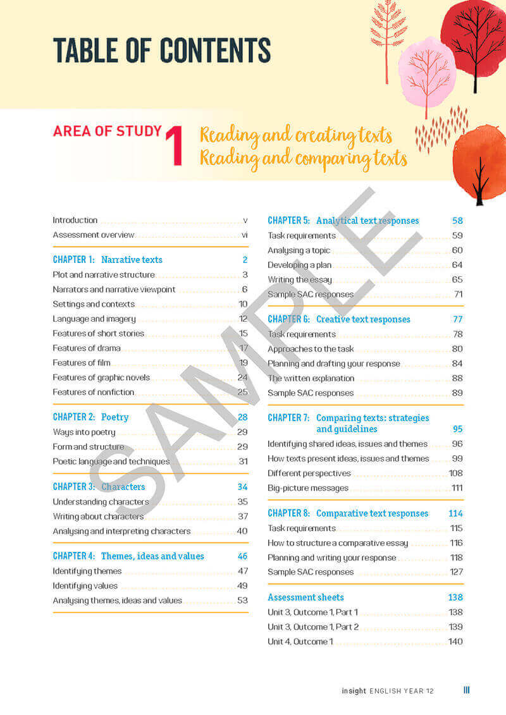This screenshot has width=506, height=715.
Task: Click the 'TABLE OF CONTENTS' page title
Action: click(x=161, y=50)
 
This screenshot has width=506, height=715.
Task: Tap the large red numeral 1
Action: click(x=174, y=146)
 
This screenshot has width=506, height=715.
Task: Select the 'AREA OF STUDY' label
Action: click(x=108, y=131)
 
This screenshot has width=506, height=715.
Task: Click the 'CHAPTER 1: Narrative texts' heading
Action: click(x=108, y=260)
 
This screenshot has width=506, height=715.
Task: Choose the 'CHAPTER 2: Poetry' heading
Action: click(x=90, y=417)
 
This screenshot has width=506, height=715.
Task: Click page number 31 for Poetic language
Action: click(x=243, y=461)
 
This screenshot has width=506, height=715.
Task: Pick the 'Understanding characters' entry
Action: click(x=101, y=502)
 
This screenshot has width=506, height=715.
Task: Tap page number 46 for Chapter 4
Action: click(x=242, y=556)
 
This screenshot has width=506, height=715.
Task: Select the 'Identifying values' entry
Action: click(x=85, y=586)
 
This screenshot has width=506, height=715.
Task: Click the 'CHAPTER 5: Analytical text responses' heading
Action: click(x=343, y=221)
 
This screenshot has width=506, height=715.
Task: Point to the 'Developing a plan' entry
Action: click(x=299, y=265)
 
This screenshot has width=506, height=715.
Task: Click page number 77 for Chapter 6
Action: click(x=457, y=319)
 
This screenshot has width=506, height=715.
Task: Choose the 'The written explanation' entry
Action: click(x=311, y=378)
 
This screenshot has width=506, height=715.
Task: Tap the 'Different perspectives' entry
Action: click(x=309, y=474)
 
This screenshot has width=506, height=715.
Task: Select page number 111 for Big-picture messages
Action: click(x=457, y=488)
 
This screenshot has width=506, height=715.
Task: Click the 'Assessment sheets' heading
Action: click(x=305, y=597)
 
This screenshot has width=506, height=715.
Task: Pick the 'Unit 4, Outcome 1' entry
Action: click(x=300, y=642)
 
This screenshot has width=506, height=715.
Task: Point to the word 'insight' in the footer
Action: click(x=353, y=691)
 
